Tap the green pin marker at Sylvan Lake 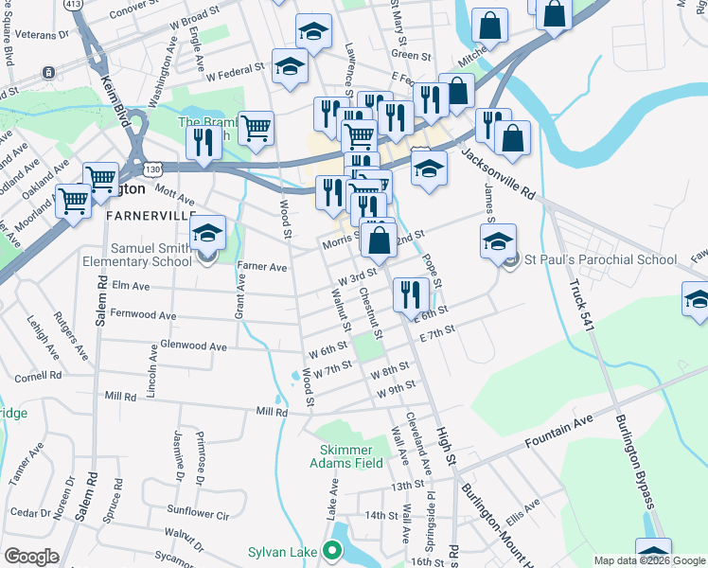331,550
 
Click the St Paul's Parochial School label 601,260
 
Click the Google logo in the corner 31,556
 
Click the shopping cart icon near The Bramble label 256,129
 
